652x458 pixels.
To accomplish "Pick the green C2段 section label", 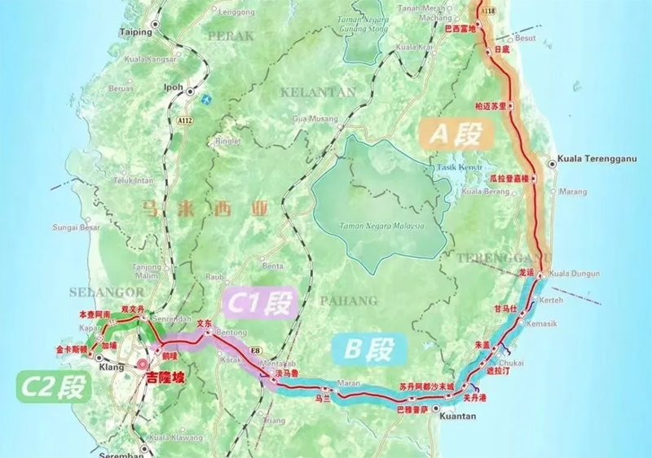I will (52, 385).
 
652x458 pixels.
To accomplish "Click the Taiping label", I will (136, 33).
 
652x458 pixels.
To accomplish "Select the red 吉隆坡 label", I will (165, 378).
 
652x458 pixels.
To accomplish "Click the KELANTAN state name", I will (318, 92).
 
